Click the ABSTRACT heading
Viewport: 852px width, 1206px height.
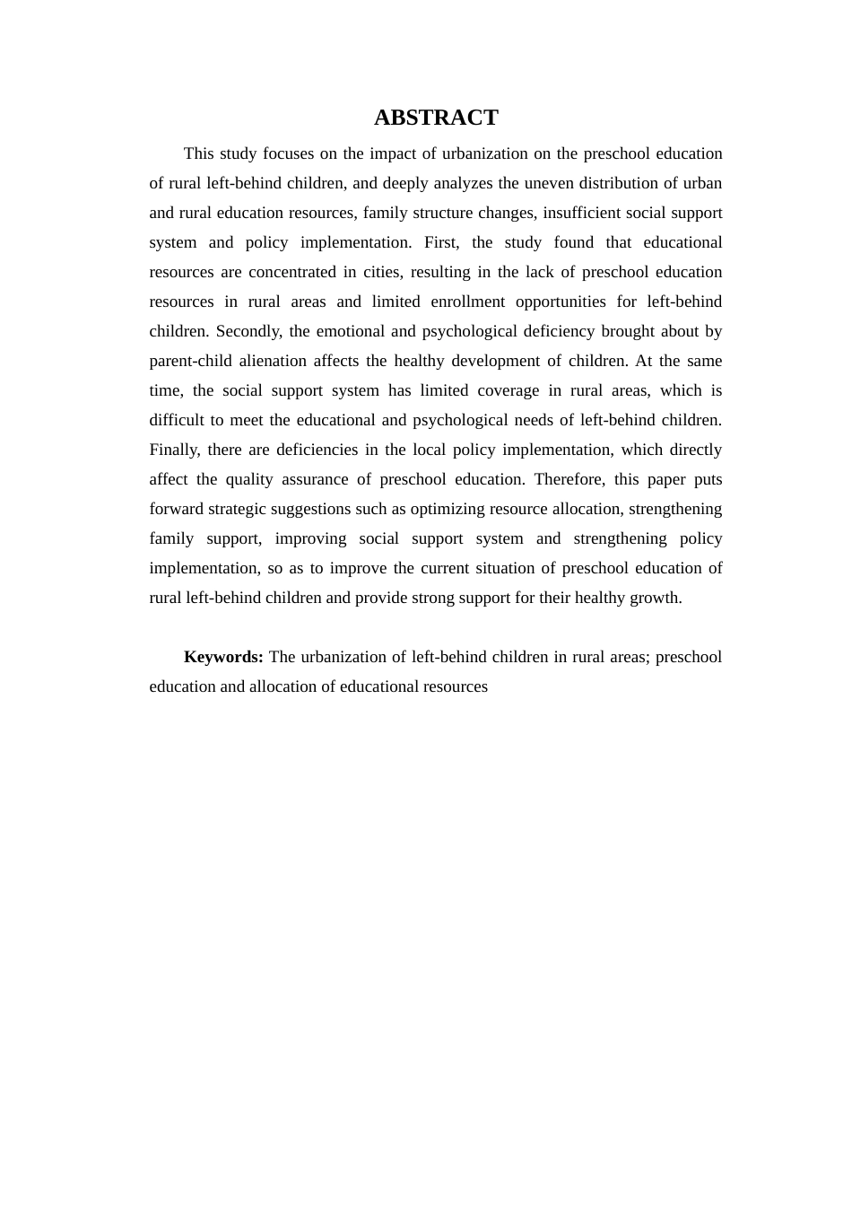coord(436,118)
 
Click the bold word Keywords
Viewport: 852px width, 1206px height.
coord(222,657)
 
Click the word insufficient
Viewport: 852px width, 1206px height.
coord(582,213)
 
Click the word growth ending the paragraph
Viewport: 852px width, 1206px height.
coord(657,598)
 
